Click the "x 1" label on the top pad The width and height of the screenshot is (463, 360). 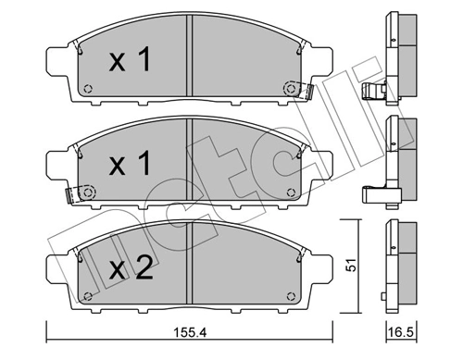click(131, 62)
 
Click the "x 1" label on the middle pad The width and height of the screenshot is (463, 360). click(131, 166)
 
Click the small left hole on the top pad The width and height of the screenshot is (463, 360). click(88, 90)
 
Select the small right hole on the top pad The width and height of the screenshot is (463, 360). click(290, 90)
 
